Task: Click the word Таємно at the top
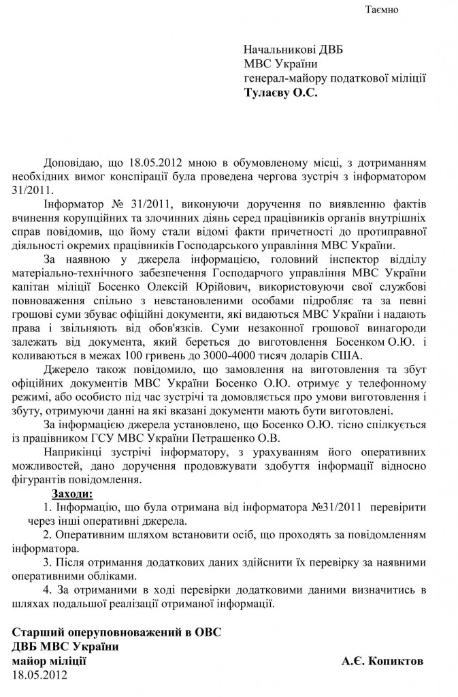pos(382,11)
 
